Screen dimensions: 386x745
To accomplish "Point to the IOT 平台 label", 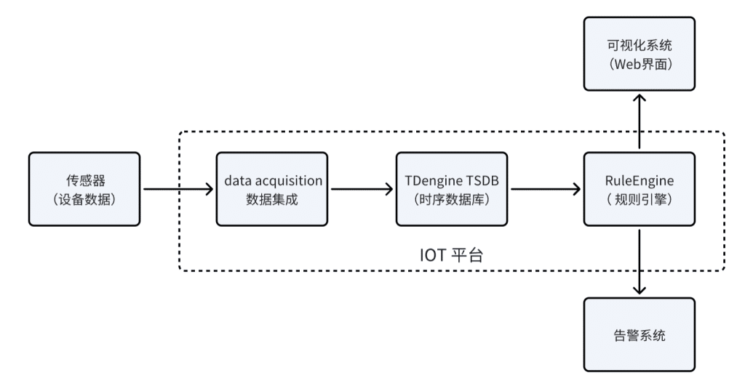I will [x=452, y=254].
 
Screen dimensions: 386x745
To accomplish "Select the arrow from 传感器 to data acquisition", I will [x=178, y=190].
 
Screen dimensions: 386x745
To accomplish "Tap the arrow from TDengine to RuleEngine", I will [x=545, y=190].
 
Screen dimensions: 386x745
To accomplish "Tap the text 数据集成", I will [x=273, y=198].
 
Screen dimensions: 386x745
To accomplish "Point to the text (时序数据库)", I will [x=453, y=198].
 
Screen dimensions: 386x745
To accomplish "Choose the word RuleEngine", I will [x=640, y=180].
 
